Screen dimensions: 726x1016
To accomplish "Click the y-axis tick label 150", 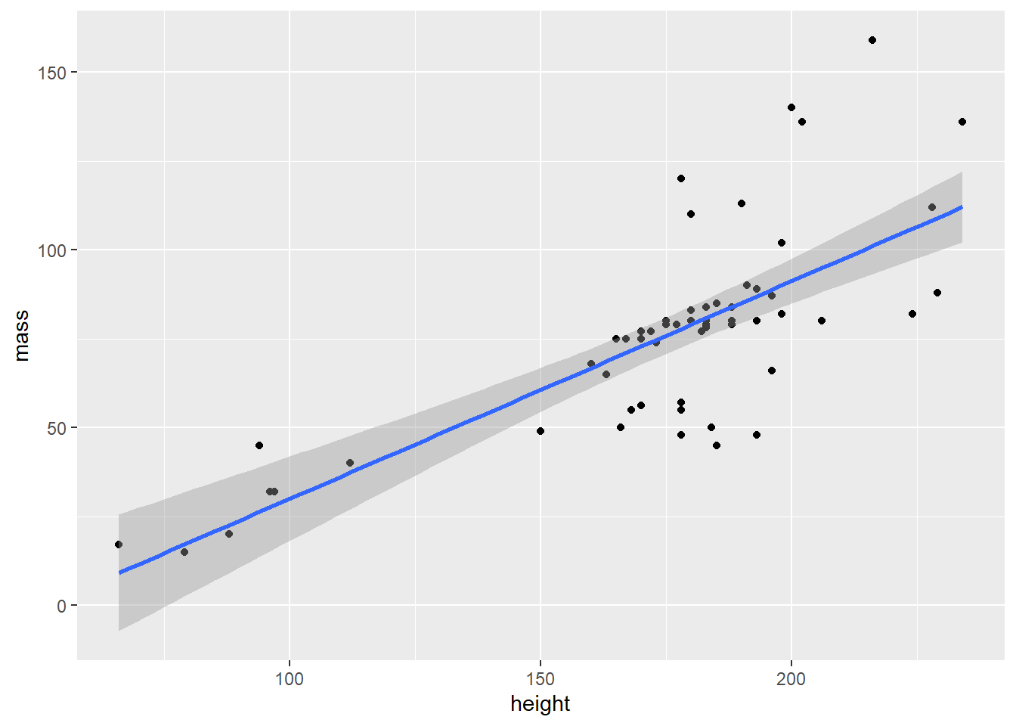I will point(52,73).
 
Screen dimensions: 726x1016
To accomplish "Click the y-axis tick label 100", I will point(52,250).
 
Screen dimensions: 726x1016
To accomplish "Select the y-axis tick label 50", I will point(57,428).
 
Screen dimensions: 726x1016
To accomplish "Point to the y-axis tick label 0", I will point(62,606).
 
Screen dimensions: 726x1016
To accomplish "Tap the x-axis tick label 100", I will point(289,679).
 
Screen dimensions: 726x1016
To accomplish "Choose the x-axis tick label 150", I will point(540,679).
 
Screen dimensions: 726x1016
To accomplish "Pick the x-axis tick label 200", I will point(791,679).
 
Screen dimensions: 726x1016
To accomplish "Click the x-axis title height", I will point(540,704).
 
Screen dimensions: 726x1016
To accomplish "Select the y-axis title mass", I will point(21,335).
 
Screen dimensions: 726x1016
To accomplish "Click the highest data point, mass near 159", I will point(872,40).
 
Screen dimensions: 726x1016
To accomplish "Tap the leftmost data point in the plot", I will point(119,544).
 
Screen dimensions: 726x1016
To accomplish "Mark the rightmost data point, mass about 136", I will point(962,122).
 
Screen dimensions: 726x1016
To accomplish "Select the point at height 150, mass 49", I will point(540,431).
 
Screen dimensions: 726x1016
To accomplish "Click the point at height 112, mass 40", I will point(349,463).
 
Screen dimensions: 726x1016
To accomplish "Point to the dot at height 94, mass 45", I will point(259,445).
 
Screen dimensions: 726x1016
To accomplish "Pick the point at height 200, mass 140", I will point(791,107).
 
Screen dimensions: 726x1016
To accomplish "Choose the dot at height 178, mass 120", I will point(680,178).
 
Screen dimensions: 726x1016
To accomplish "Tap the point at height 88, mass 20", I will point(229,534).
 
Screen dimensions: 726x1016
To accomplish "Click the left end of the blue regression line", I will point(119,572).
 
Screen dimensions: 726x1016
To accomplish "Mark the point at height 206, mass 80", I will point(821,321).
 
